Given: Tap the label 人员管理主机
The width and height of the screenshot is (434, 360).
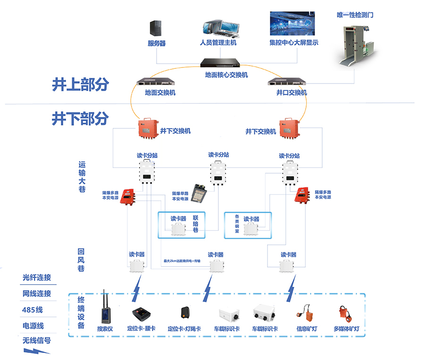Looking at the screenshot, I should point(218,43).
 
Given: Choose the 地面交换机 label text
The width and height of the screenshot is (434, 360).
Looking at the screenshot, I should point(160,93).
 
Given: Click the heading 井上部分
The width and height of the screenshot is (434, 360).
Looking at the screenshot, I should point(80,84).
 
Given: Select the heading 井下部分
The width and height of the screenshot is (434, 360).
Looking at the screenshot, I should point(80,118).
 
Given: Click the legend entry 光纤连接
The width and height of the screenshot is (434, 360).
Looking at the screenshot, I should point(37,277).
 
